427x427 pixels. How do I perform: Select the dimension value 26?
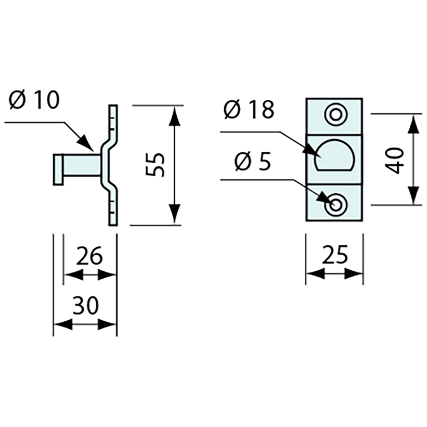[89, 256]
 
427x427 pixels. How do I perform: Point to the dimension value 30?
[85, 305]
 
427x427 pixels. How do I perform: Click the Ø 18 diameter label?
[249, 110]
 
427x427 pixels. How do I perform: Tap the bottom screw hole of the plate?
[334, 204]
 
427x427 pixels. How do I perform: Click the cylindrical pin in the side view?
[82, 169]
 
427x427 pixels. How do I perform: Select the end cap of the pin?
[57, 169]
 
